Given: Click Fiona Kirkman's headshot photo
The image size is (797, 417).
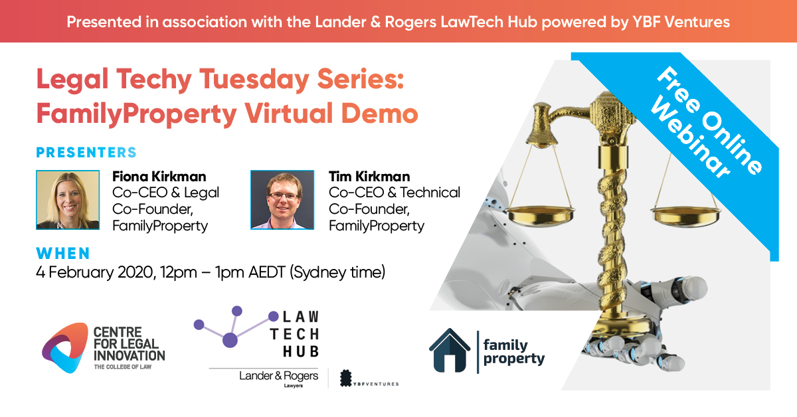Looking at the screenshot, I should (x=68, y=200).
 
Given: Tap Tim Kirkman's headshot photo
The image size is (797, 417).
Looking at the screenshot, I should (x=282, y=200).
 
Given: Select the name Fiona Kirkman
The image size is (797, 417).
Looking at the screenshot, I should (x=159, y=177).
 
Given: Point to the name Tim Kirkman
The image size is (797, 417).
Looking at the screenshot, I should (x=369, y=177).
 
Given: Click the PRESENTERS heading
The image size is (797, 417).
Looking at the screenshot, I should (x=86, y=152).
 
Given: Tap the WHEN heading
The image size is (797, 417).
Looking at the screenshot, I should (x=63, y=254).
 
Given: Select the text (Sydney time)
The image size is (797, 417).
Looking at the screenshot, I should (x=337, y=272).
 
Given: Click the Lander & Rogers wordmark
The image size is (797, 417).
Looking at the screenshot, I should (x=279, y=376).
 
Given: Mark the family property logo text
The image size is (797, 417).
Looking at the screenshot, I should (x=514, y=352).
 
